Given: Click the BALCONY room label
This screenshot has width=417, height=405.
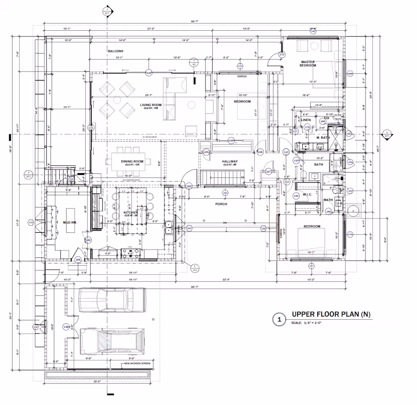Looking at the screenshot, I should coord(116,51).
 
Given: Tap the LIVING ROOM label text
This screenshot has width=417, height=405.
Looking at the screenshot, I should coord(151,105).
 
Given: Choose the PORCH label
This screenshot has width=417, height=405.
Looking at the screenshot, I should coord(221,204).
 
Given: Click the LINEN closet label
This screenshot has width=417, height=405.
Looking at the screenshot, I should coord(306,120).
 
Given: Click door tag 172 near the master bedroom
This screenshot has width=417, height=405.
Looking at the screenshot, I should coord(282,55).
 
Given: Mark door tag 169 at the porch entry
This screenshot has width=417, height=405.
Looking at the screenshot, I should coord(189,186).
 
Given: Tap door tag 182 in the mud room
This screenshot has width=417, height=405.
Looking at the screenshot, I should coord(88,240).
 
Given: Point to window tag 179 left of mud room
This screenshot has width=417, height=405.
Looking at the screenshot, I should coord(31,222).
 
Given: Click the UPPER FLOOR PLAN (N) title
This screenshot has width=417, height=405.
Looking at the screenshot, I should coord(331,314).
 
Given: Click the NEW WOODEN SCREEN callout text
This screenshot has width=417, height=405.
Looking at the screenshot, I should coord(137,364).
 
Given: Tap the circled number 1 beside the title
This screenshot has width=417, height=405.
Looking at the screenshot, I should coord(279,320).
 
